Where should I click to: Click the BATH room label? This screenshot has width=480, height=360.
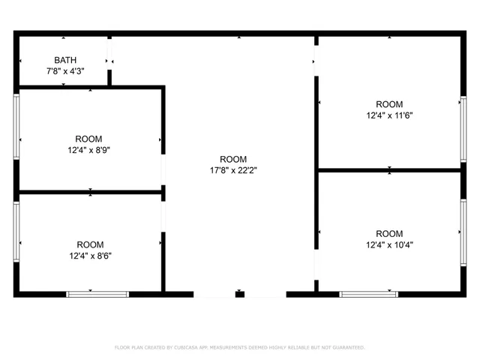64,60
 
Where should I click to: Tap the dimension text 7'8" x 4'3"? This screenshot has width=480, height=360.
64,70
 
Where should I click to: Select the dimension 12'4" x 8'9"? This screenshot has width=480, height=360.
90,149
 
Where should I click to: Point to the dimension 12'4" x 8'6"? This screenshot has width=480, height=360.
90,255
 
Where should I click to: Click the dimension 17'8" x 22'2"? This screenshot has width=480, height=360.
233,169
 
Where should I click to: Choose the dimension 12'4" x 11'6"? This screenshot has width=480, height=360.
389,115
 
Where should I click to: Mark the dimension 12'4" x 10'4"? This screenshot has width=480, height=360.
389,244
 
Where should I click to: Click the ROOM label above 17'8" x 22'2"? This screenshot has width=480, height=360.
233,159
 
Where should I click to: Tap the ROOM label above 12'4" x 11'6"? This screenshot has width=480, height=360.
389,104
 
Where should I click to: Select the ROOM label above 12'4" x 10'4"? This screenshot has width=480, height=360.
389,233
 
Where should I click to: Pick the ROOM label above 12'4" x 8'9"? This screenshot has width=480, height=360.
90,139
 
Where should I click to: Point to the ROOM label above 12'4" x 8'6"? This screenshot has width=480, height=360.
90,244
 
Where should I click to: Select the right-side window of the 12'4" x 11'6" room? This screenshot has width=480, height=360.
463,129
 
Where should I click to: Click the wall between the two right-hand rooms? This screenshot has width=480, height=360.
389,170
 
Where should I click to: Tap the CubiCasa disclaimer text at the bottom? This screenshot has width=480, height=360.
239,347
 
